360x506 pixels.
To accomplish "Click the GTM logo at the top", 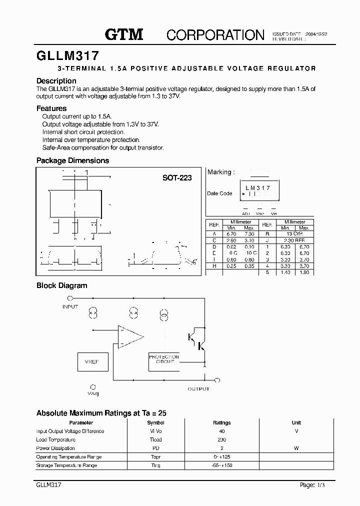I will click(x=124, y=34).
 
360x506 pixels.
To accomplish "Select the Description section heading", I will click(x=56, y=81).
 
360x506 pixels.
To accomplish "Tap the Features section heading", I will click(x=51, y=108).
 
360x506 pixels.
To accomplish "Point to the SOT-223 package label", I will click(x=177, y=177).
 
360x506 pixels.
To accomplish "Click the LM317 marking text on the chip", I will click(x=257, y=188).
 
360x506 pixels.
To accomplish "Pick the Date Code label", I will click(x=219, y=193).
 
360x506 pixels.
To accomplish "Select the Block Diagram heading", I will click(x=61, y=285).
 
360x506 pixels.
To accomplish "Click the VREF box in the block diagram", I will click(x=92, y=361).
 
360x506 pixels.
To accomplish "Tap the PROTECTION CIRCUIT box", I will click(x=164, y=360).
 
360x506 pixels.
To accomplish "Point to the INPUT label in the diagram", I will click(x=70, y=306).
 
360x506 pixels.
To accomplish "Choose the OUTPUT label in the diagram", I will click(x=198, y=388).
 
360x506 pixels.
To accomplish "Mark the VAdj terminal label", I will click(x=93, y=393).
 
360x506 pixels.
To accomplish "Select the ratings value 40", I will click(x=222, y=431).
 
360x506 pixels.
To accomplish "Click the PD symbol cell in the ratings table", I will click(x=156, y=448).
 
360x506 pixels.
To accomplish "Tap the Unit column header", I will click(x=296, y=422).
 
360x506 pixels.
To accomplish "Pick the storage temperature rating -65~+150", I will click(x=222, y=465).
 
